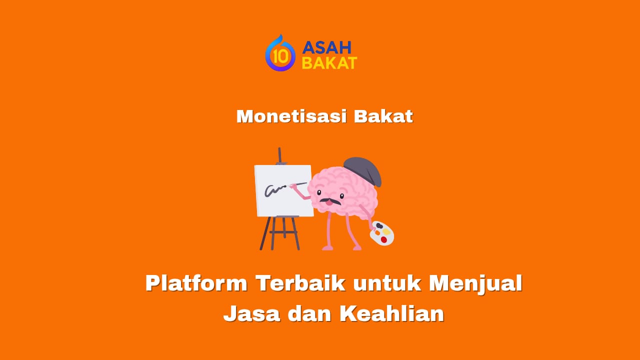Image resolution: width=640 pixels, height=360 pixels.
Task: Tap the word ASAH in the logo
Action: [x=327, y=47]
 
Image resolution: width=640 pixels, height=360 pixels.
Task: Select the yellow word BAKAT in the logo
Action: [x=329, y=63]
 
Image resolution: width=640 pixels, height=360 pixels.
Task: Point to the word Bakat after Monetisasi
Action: [x=383, y=116]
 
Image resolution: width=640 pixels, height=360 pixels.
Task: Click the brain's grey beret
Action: [x=363, y=168]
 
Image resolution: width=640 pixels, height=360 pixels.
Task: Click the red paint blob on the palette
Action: [x=384, y=239]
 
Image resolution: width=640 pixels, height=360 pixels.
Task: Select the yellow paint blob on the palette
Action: [x=386, y=231]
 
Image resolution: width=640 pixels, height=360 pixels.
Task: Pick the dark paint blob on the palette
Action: [x=379, y=226]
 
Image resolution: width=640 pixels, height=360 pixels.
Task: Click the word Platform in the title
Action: [x=196, y=283]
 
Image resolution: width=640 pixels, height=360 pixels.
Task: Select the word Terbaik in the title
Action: [x=300, y=283]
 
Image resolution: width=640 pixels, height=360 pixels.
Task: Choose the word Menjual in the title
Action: [x=475, y=283]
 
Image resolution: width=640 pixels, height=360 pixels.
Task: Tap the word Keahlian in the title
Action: [x=391, y=313]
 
